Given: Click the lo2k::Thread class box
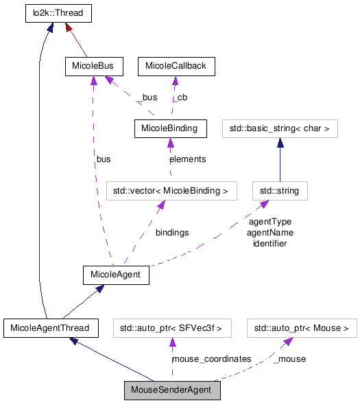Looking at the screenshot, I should click(58, 13).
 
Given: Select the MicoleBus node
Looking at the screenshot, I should click(93, 66).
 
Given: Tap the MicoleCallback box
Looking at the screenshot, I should click(176, 66).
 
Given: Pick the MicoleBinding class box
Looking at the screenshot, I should click(169, 128).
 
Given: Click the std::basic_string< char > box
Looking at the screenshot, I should click(280, 128).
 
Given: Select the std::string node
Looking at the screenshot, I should click(280, 191).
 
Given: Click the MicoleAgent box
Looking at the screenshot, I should click(115, 275).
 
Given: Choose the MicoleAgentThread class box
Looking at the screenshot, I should click(50, 327).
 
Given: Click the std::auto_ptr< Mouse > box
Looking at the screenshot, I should click(301, 327).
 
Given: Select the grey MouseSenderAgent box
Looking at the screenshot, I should click(171, 391).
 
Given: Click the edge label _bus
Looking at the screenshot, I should click(147, 97).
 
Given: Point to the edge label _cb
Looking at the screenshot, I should click(180, 97).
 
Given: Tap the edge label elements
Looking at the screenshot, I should click(187, 159).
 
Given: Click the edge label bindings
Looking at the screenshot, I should click(171, 233).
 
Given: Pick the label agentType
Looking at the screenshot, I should click(269, 222).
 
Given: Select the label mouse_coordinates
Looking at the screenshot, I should click(211, 359).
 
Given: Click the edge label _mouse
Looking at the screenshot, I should click(289, 359).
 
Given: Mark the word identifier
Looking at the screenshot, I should click(269, 243).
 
